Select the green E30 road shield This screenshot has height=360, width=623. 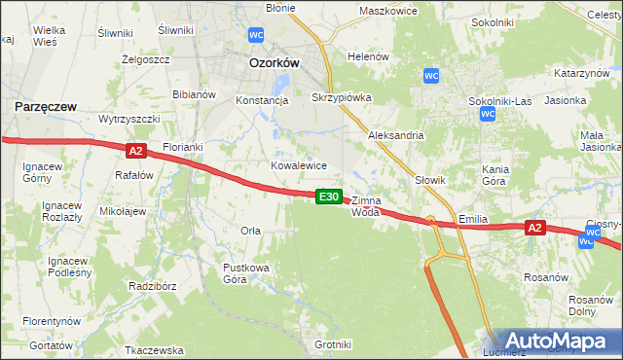[329, 197]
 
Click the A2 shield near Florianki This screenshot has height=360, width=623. [135, 150]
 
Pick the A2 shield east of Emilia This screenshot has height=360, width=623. [533, 228]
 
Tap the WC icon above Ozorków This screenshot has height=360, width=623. [256, 35]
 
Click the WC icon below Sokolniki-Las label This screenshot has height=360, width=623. [489, 114]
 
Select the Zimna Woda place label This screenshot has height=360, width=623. [366, 205]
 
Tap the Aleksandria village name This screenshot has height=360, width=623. [395, 135]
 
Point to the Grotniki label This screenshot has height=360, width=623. [333, 344]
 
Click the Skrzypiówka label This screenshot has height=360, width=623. [341, 98]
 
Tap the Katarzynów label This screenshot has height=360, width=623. [582, 73]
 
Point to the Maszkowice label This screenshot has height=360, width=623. [387, 11]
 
